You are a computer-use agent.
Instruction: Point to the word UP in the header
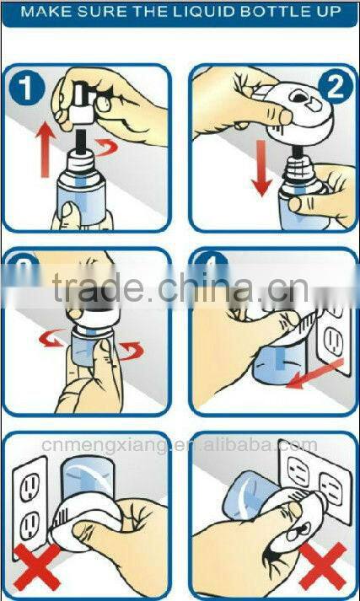point(329,13)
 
